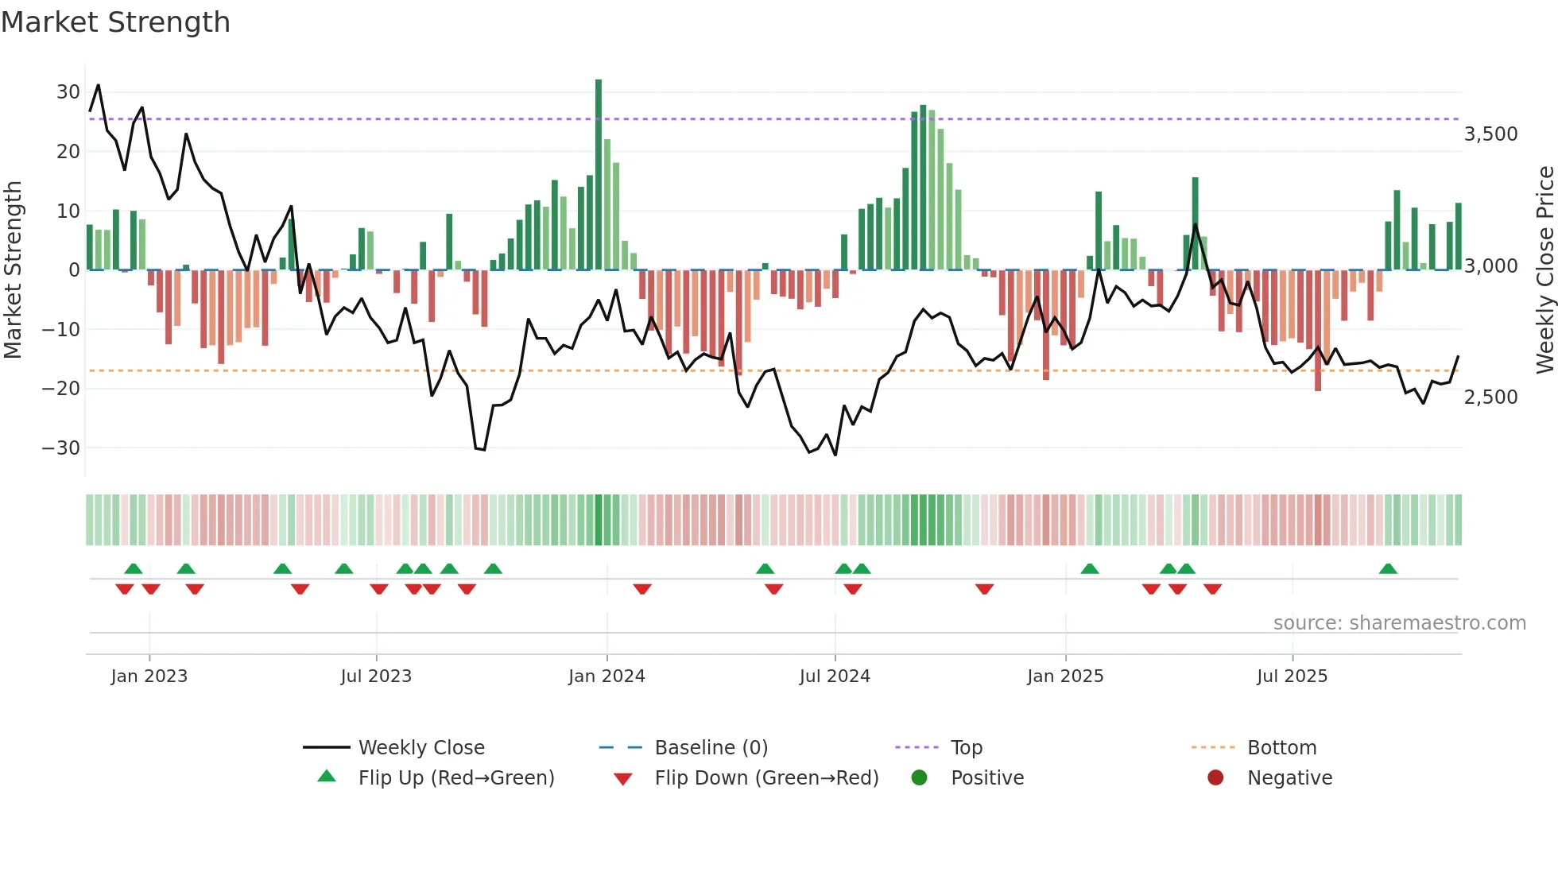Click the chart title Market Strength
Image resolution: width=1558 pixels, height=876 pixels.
click(x=115, y=22)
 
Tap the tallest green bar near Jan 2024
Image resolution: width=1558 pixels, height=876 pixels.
click(x=599, y=175)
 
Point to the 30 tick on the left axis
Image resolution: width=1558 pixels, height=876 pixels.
click(x=68, y=92)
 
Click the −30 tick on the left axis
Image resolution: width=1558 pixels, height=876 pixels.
click(x=62, y=448)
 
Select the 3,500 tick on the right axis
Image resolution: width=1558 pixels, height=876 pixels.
click(x=1490, y=134)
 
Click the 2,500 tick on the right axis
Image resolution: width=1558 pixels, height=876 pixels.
click(x=1490, y=397)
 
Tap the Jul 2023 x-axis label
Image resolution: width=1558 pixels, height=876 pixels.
click(x=376, y=676)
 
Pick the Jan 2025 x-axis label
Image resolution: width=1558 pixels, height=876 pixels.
click(x=1065, y=676)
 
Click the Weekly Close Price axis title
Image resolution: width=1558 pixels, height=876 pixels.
click(x=1544, y=270)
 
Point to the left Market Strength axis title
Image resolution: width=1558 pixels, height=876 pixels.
click(x=13, y=270)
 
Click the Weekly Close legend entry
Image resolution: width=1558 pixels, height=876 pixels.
click(x=421, y=748)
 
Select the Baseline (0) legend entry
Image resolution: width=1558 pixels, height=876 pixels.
click(x=711, y=748)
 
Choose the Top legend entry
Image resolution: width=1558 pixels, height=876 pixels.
click(x=966, y=748)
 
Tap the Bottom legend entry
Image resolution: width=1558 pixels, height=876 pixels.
click(x=1281, y=748)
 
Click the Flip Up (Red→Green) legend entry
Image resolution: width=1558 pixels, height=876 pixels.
click(x=455, y=778)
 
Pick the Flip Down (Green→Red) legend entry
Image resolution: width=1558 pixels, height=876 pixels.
click(x=766, y=778)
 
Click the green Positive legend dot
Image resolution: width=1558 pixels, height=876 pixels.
click(x=920, y=778)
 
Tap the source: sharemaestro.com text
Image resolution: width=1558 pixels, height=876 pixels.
click(x=1399, y=623)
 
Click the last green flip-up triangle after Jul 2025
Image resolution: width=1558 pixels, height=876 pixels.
click(x=1388, y=569)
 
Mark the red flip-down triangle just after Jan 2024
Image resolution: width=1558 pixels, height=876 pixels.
click(x=642, y=589)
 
